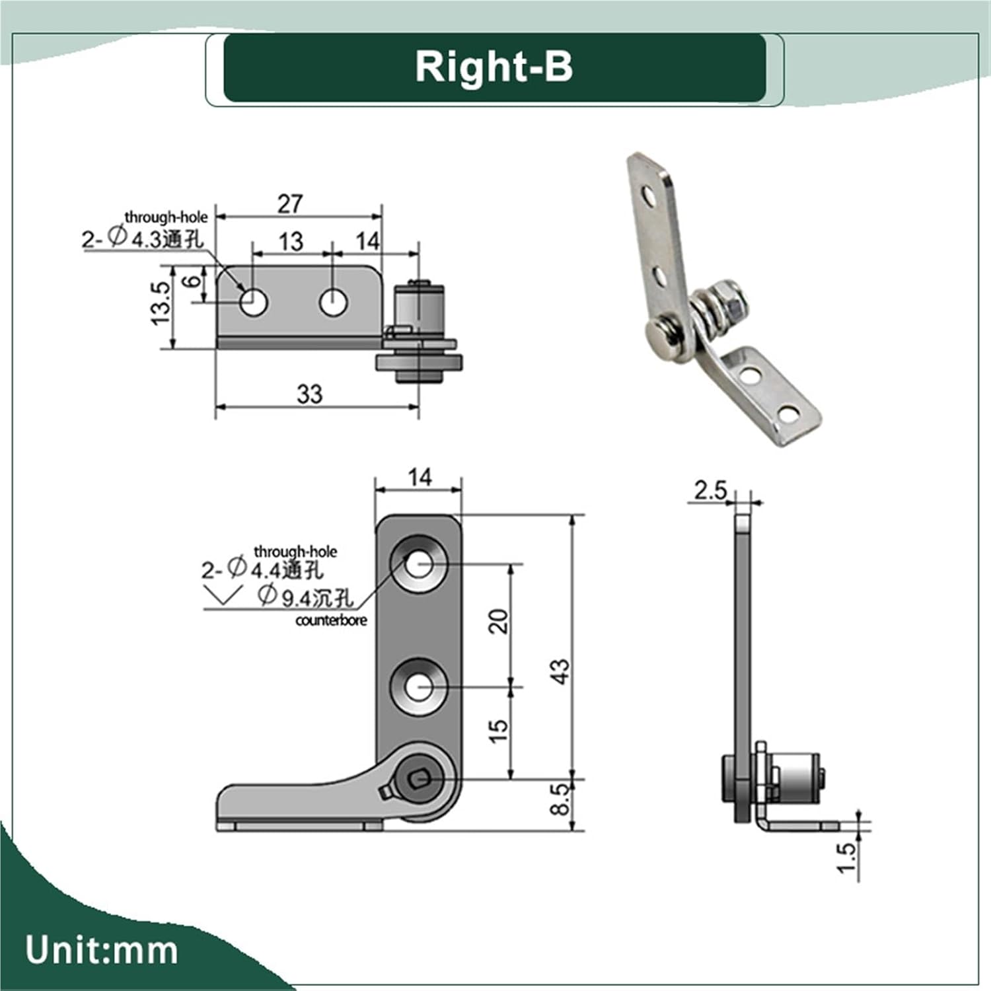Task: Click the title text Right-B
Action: coord(494,67)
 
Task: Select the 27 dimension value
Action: coord(290,204)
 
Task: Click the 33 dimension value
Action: coord(309,394)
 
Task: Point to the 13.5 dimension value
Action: coord(161,303)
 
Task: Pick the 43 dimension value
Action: coord(559,671)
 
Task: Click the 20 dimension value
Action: coord(499,622)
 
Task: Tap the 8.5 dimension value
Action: coord(560,799)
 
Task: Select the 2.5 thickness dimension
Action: coord(710,490)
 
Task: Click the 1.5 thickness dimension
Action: coord(846,858)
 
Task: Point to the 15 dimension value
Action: coord(499,730)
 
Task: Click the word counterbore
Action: coord(330,620)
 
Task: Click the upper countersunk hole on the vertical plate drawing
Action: coord(419,564)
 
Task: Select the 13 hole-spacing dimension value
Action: coord(291,242)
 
